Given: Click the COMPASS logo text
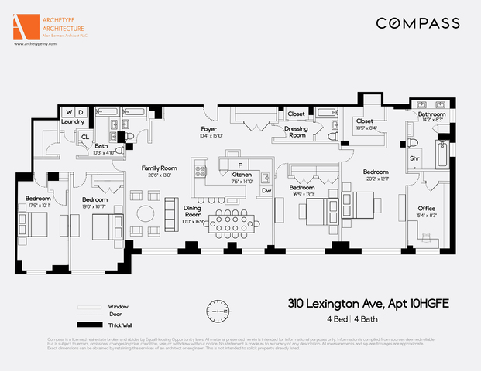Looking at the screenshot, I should tap(417, 23).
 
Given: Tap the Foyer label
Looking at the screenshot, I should tap(208, 128).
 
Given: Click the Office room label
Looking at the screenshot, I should tap(426, 209).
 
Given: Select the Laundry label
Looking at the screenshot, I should tap(73, 121).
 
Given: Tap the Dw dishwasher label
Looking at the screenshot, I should tap(266, 190).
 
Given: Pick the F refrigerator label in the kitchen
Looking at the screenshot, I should tap(241, 165).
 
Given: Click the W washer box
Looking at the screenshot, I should tap(67, 112).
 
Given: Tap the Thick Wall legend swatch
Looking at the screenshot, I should tap(90, 325).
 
